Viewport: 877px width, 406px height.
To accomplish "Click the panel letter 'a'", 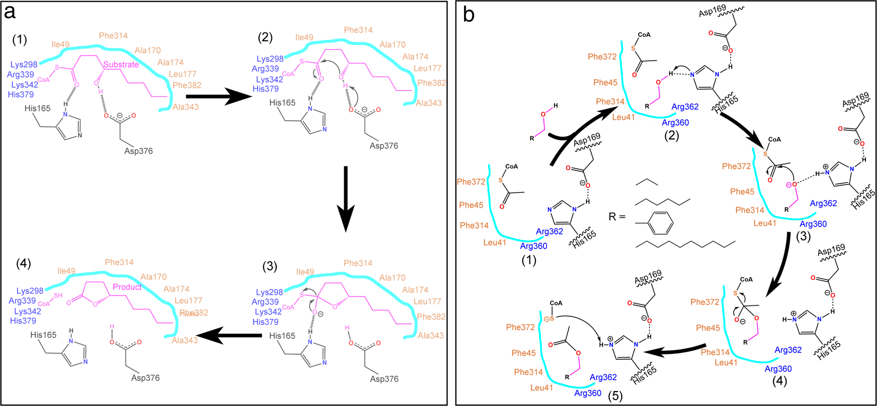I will (10, 12).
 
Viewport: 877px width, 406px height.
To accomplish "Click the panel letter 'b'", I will (469, 14).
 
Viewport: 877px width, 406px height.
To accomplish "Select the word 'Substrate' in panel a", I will (121, 64).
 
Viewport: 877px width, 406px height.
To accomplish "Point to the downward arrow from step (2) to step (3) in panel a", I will (345, 199).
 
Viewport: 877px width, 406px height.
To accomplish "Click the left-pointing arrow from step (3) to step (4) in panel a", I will (232, 335).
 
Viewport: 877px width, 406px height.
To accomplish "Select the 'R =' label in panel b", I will (617, 217).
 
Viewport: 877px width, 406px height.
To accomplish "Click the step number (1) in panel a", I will (20, 40).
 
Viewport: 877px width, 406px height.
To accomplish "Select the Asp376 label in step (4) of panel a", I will (145, 378).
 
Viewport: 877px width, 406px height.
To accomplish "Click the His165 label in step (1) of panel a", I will (37, 108).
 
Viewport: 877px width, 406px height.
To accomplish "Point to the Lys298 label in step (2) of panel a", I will (270, 59).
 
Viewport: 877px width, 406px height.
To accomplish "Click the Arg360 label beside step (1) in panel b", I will (533, 246).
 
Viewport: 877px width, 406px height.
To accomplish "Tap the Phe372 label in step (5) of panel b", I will (520, 327).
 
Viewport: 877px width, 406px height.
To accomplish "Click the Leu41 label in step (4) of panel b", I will (726, 362).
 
